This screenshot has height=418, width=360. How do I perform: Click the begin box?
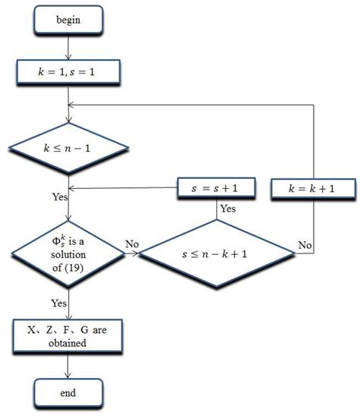point(68,20)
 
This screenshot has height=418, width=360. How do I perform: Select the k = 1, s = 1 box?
point(68,73)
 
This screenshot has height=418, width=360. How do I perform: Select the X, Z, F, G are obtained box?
point(68,335)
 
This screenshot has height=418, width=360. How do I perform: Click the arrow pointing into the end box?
point(68,368)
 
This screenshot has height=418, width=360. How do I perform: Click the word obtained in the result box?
point(68,343)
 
